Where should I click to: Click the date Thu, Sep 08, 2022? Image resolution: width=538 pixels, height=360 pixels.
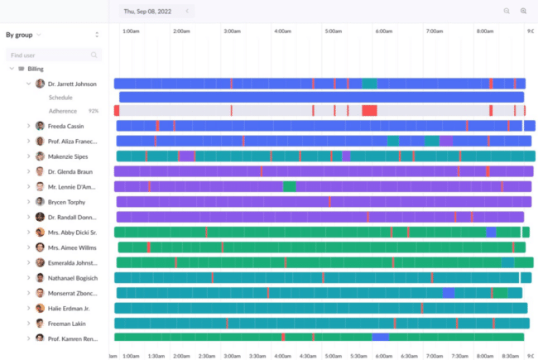148,11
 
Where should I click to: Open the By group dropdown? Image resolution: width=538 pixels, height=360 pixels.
23,35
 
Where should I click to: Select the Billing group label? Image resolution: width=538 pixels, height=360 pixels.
36,70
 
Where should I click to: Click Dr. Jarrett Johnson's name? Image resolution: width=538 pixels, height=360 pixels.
72,84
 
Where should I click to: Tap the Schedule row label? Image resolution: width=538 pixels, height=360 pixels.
60,98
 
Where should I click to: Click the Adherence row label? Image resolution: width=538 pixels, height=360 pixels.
63,111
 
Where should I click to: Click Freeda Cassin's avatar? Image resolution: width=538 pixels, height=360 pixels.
40,126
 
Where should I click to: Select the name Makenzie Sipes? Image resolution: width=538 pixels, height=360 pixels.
70,156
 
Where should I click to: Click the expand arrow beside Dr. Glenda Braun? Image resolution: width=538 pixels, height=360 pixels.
29,171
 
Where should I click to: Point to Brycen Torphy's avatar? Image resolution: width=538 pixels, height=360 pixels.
40,202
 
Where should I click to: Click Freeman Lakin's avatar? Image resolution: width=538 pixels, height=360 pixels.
40,324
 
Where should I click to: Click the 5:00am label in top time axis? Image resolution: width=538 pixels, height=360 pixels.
334,31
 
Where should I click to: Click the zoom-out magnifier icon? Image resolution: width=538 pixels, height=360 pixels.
507,11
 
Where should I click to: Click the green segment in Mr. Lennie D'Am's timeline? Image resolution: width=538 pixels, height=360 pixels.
289,187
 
